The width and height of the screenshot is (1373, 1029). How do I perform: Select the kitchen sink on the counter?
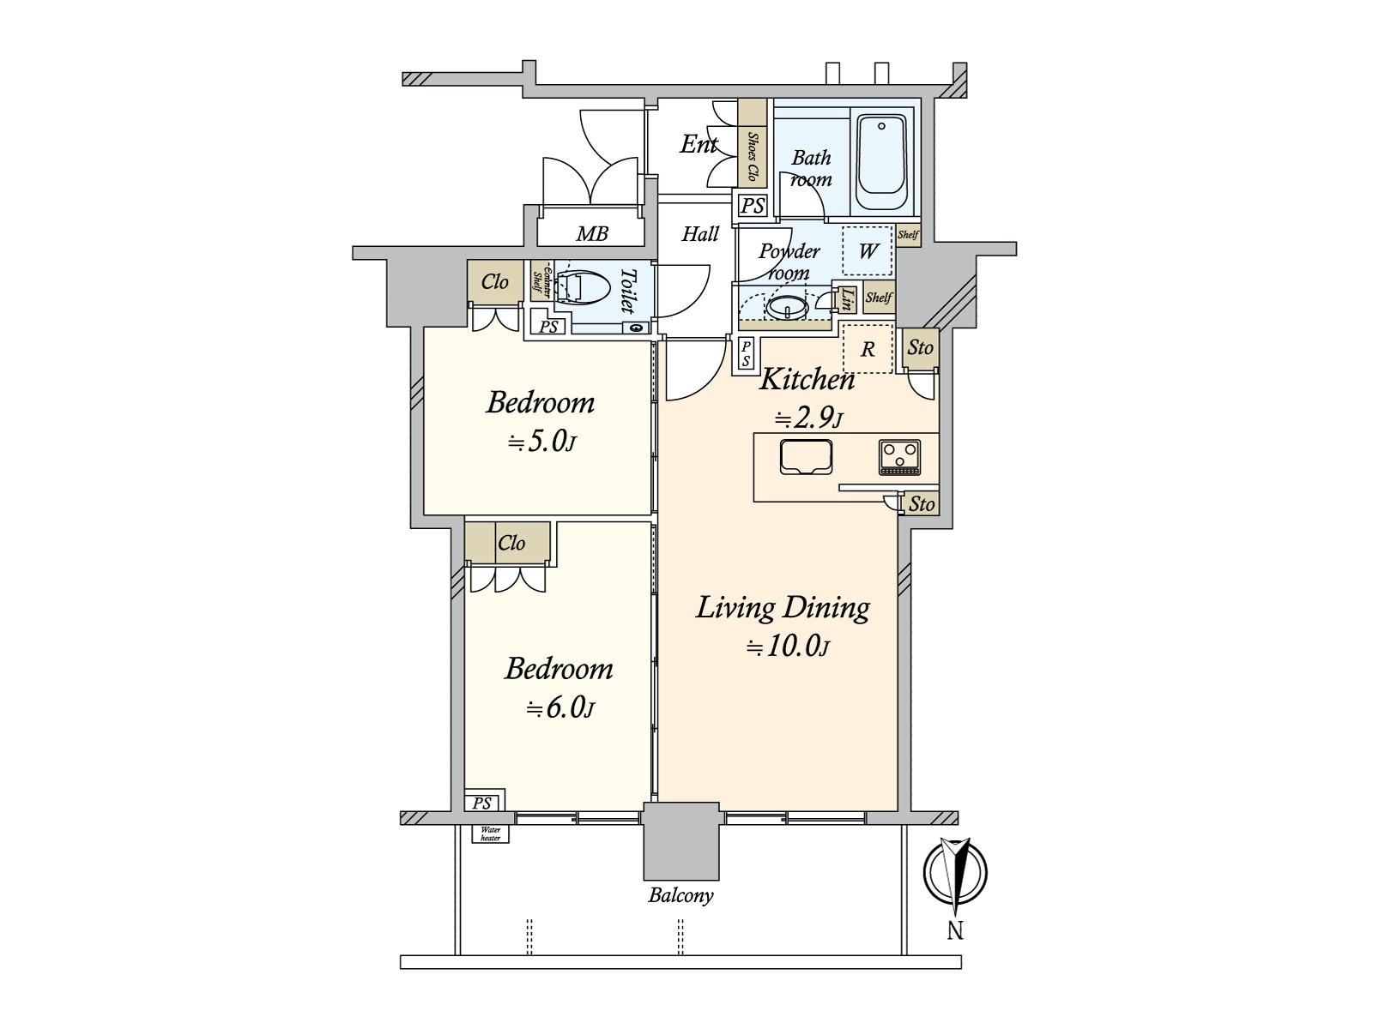[x=806, y=456]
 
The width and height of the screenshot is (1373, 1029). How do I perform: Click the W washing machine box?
[x=868, y=250]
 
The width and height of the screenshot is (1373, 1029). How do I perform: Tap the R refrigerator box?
[x=868, y=349]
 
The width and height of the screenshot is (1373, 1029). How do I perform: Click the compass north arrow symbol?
[x=955, y=875]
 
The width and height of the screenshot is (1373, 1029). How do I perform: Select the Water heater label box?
[x=491, y=833]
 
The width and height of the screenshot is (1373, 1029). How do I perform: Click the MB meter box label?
[x=591, y=233]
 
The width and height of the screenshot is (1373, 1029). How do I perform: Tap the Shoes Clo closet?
[x=753, y=143]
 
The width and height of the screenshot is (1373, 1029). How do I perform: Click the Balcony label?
[x=680, y=896]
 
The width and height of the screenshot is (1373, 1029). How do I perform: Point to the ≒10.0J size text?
[x=787, y=647]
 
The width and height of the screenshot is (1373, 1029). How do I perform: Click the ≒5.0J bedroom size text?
[x=541, y=442]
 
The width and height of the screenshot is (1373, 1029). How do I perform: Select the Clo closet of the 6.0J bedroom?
[x=511, y=543]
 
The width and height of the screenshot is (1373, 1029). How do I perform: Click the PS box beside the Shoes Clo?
[x=753, y=207]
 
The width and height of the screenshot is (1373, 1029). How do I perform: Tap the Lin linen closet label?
[x=847, y=298]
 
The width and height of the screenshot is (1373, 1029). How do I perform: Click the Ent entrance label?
[x=699, y=144]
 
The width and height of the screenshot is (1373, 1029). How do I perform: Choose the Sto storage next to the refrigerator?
[x=920, y=347]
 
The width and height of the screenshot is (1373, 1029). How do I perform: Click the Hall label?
[x=700, y=233]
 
